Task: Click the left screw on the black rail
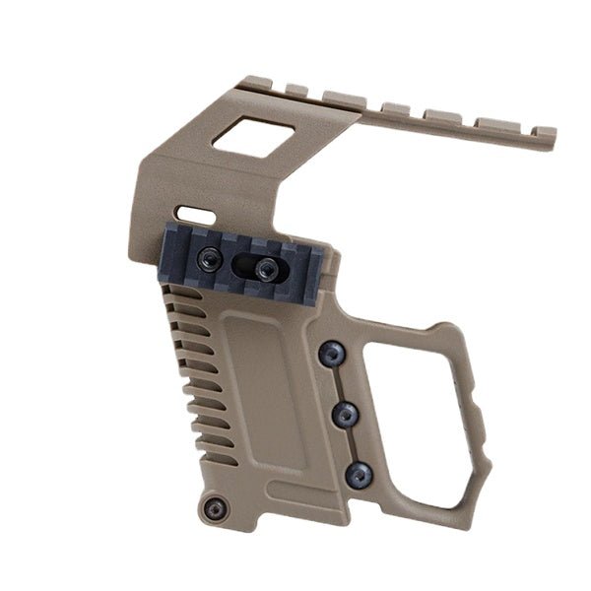208,258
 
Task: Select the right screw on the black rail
264,267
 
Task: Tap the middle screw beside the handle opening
343,415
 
